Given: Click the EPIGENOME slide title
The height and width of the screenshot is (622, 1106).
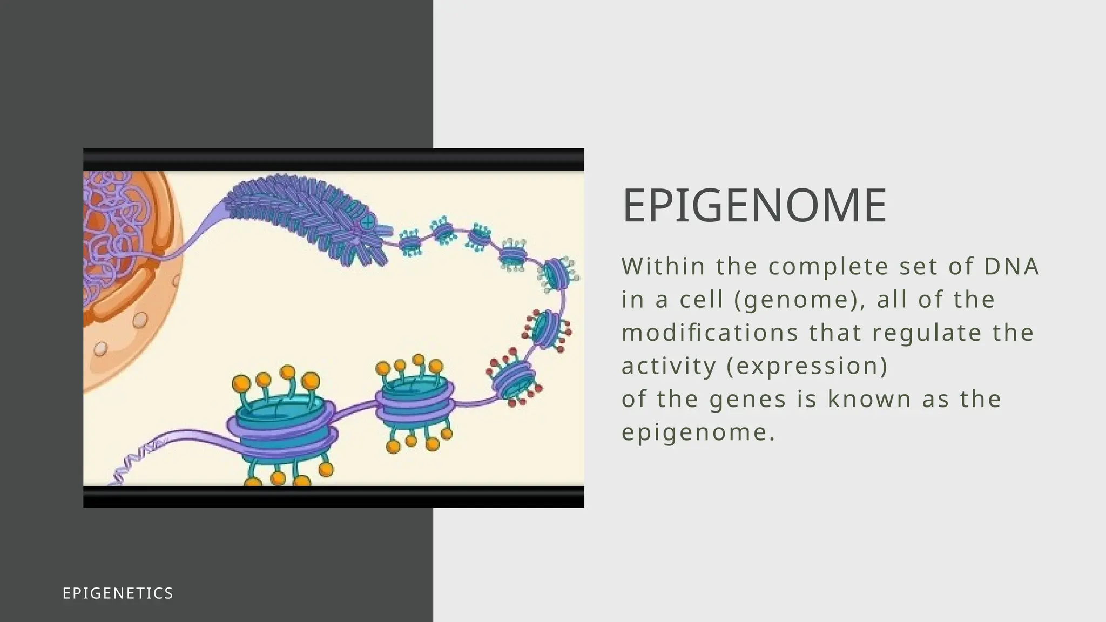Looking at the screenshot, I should coord(754,206).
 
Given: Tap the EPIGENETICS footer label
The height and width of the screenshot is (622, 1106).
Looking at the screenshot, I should coord(118,593).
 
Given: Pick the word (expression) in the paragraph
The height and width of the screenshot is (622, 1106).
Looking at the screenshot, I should coord(807,367).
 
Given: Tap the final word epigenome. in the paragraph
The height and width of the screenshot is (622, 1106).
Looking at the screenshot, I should coord(698,433).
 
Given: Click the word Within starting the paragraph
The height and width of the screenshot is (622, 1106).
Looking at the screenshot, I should coord(663,267).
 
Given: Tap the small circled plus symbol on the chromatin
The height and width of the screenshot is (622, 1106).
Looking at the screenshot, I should coord(368,221).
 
